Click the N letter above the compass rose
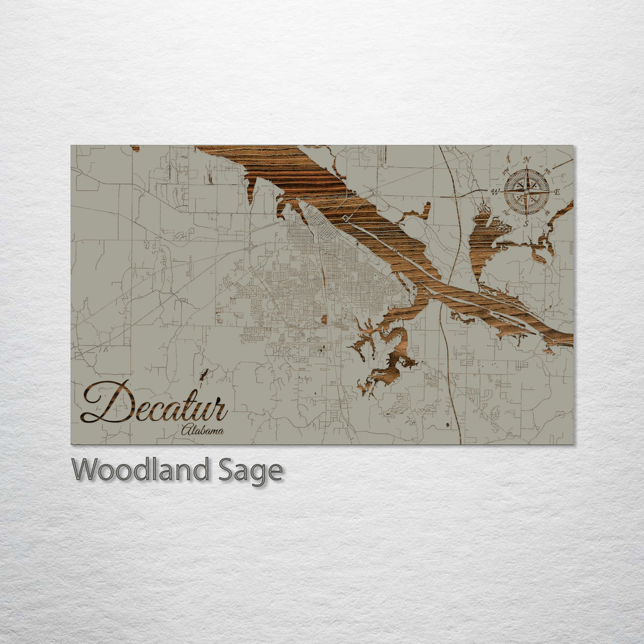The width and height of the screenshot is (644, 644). pos(527,160)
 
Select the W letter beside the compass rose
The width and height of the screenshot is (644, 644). pos(495,191)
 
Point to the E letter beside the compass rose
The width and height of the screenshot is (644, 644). pos(558,191)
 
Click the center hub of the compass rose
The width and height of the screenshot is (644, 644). pos(527,191)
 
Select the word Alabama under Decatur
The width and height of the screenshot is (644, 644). pos(203,430)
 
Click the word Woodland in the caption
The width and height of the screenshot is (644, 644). pos(140,470)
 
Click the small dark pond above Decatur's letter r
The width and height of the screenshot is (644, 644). pos(205,374)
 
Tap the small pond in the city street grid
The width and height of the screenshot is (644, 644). pos(324,319)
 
